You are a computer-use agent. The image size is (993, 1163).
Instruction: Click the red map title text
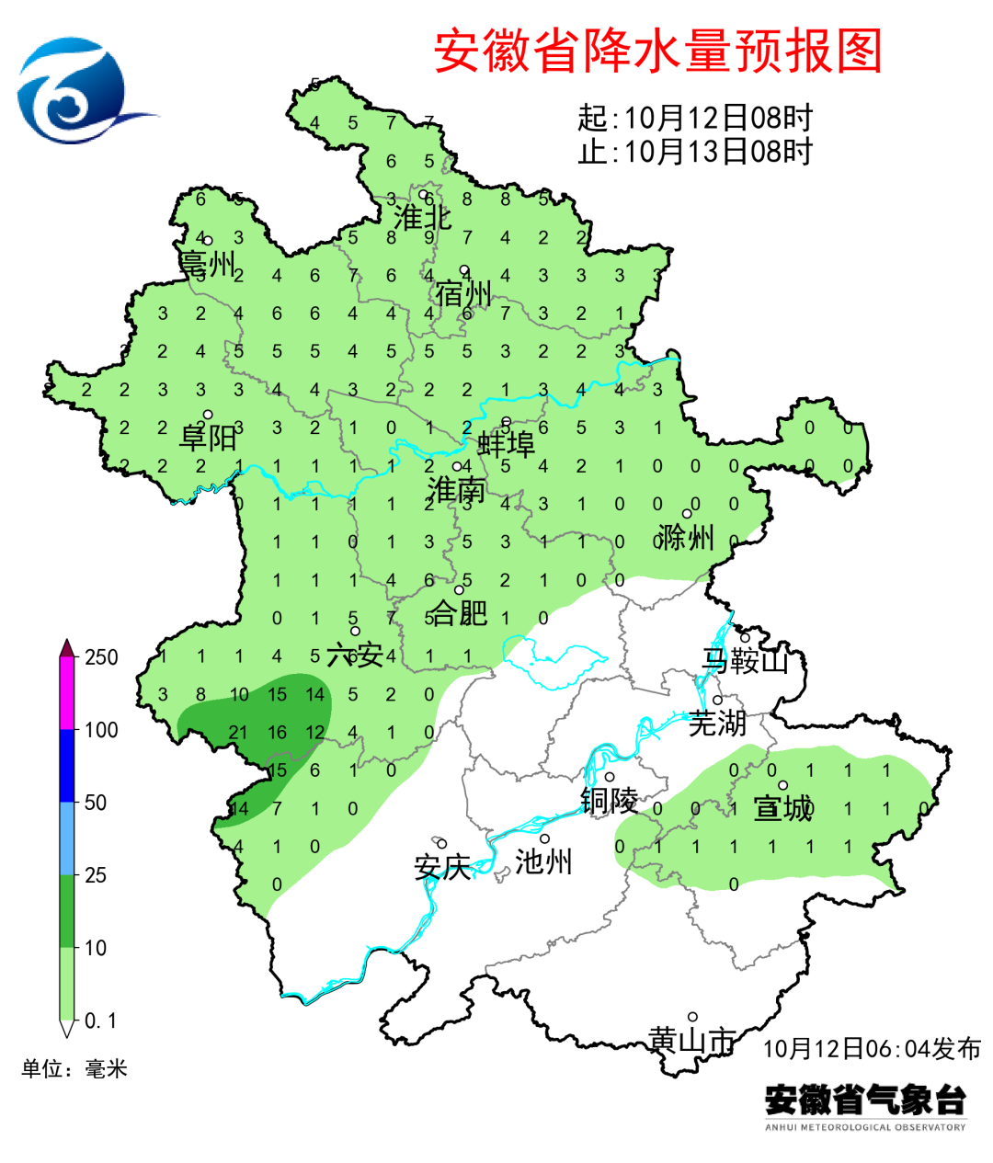coord(657,51)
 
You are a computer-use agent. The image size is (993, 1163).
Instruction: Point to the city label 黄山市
coord(692,1040)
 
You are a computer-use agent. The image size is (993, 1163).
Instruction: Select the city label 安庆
coord(442,867)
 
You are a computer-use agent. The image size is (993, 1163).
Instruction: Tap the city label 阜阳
coord(208,437)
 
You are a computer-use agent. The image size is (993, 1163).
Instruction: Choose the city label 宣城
coord(783,809)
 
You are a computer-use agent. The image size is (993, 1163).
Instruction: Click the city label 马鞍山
coord(746,660)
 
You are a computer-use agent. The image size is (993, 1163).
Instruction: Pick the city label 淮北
coord(422,218)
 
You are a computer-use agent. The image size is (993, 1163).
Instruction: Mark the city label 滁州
coord(686,537)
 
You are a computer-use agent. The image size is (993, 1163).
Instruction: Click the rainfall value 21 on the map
coord(239,733)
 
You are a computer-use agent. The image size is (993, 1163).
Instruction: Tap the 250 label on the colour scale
coord(101,657)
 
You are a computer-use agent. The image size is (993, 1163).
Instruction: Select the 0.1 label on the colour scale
coord(100,1020)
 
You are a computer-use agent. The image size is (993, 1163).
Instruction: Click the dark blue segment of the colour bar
coord(67,765)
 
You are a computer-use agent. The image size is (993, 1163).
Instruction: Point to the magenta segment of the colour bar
coord(67,694)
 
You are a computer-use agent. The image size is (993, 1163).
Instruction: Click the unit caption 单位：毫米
coord(74,1068)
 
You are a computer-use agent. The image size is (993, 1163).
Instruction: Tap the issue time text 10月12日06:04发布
coord(872,1048)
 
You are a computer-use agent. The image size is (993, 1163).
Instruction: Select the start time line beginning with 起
coord(695,118)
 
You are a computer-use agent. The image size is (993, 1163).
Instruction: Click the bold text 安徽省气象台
coord(865,1100)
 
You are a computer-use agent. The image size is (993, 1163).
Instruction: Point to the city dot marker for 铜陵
coord(609,777)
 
